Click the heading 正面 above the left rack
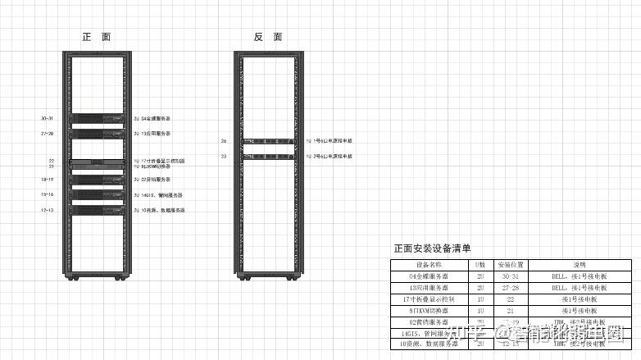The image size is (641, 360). [96, 37]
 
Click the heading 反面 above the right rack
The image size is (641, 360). [268, 37]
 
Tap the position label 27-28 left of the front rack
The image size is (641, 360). [48, 133]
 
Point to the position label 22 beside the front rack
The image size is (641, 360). [51, 161]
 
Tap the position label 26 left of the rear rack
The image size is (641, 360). [224, 141]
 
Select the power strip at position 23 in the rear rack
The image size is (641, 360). [267, 155]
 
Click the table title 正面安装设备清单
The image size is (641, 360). [432, 248]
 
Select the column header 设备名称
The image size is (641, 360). [429, 266]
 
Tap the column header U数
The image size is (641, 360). [480, 266]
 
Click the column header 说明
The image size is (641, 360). [580, 266]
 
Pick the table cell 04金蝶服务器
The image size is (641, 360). [429, 277]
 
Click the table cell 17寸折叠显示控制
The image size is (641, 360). [429, 299]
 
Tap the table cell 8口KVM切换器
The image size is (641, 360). [429, 311]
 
